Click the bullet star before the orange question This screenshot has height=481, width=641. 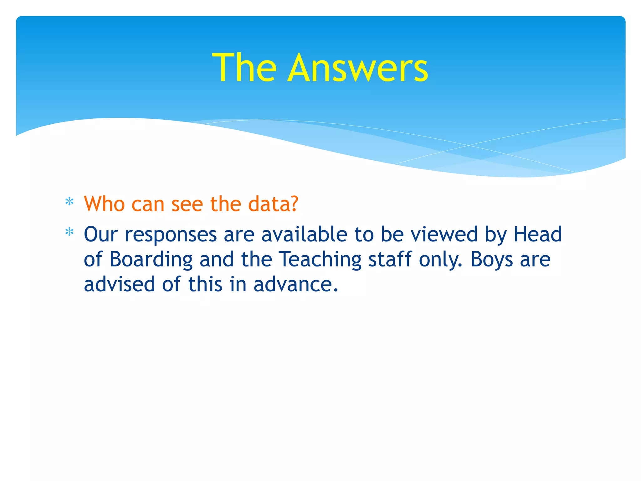(69, 202)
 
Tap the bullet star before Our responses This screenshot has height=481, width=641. (69, 232)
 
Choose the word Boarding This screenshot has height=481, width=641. (151, 260)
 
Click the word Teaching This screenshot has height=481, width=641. (320, 260)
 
